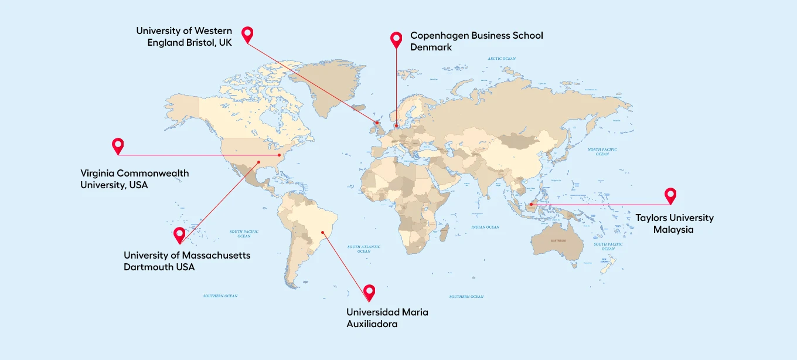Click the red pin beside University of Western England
[247, 34]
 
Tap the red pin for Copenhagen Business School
[396, 39]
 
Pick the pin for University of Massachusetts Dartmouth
[180, 235]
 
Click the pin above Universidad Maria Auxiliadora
[369, 291]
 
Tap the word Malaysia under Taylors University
[673, 230]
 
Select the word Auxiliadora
[372, 324]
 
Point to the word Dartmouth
[147, 267]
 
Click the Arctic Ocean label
[502, 59]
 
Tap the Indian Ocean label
[485, 227]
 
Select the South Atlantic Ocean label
[363, 249]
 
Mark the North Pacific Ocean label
[602, 151]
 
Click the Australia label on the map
[558, 241]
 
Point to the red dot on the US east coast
[280, 155]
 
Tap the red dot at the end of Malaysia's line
[531, 205]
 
